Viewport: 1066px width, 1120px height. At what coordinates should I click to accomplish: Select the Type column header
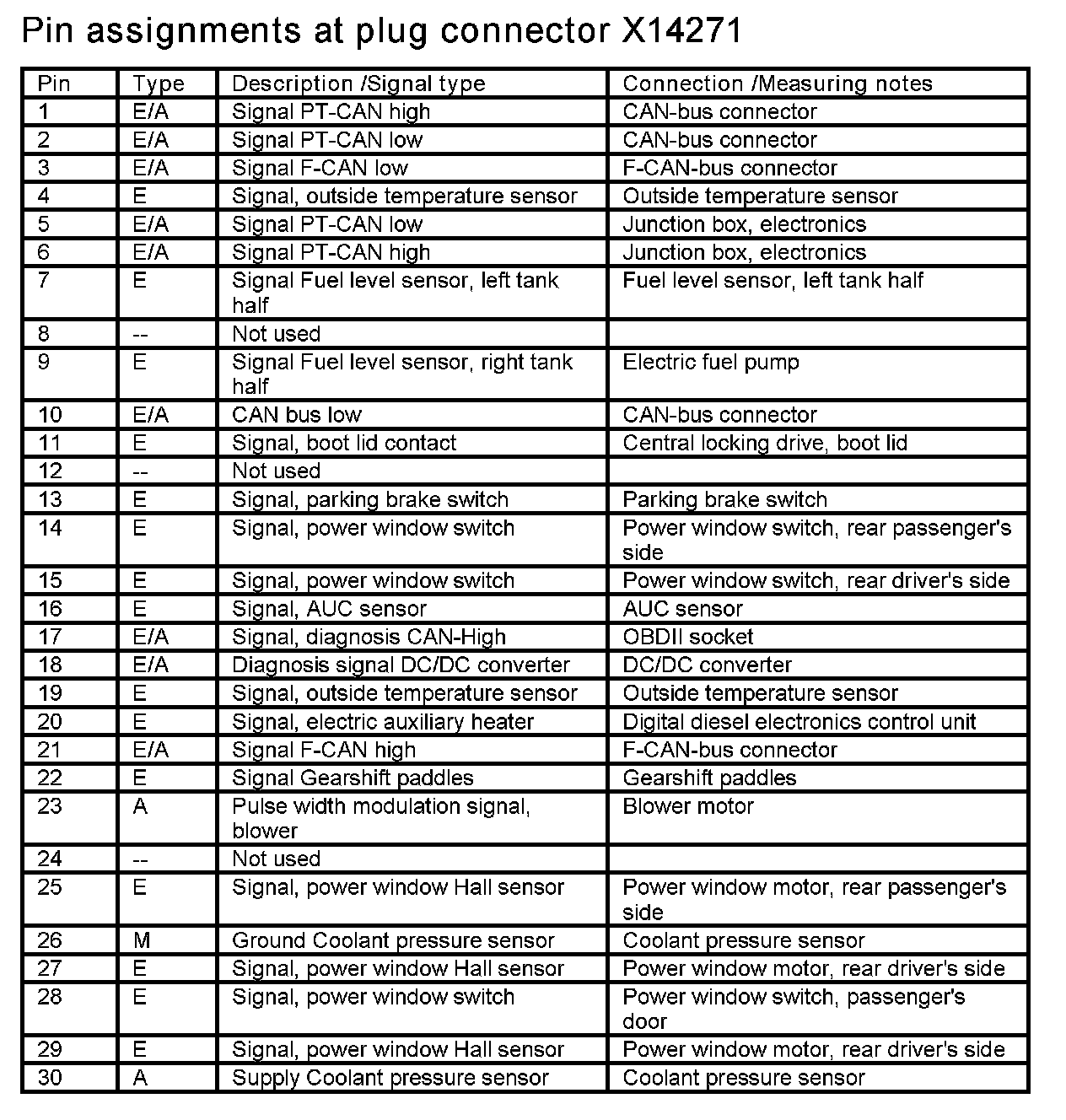click(159, 83)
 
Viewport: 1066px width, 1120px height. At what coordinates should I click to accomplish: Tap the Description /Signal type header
click(358, 83)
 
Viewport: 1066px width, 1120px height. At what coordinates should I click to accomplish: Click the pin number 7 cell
click(45, 281)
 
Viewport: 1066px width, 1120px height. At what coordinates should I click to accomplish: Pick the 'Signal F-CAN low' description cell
click(320, 168)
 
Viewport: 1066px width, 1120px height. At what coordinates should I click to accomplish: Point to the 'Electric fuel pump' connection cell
click(711, 363)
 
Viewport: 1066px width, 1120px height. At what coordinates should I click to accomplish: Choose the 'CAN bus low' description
click(296, 415)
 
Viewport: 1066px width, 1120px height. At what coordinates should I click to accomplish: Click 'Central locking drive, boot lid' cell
click(765, 444)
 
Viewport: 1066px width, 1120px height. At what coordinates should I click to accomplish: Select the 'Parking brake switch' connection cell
click(724, 499)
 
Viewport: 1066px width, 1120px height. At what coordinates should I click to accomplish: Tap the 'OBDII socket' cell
click(687, 637)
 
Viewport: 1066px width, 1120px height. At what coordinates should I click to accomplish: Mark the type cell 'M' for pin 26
click(141, 940)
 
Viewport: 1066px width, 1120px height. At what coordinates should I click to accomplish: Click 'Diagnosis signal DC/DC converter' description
click(401, 665)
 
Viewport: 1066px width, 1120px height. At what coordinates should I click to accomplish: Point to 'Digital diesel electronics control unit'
click(799, 722)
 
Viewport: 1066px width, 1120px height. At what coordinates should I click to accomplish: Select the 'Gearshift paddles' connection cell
click(709, 778)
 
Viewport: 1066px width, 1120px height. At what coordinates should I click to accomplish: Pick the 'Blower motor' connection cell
click(688, 806)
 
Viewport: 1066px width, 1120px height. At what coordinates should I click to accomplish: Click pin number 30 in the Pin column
click(50, 1078)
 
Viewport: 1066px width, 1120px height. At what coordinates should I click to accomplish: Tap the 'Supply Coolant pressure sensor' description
click(390, 1078)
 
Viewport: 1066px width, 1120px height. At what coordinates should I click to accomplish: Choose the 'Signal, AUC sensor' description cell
click(329, 609)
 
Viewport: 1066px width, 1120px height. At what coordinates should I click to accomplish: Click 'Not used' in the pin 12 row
click(276, 471)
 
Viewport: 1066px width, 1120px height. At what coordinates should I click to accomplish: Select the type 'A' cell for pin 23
click(140, 807)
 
